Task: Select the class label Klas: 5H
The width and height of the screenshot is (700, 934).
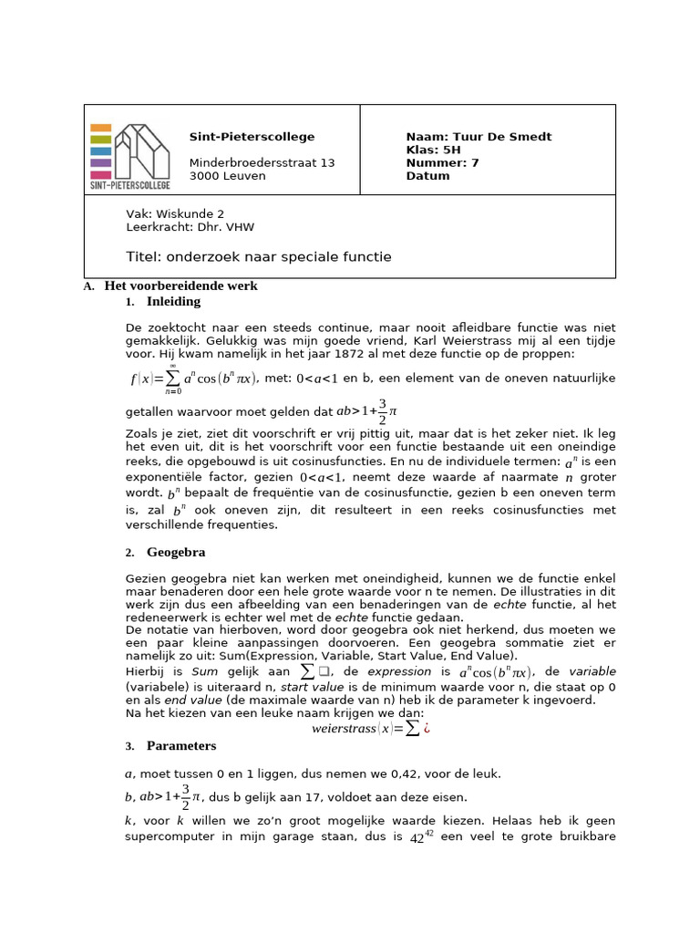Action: coord(433,150)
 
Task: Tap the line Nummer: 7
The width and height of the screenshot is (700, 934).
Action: coord(442,163)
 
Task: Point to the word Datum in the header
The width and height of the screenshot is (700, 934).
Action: coord(427,176)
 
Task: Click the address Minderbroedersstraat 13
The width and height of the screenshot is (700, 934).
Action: coord(262,163)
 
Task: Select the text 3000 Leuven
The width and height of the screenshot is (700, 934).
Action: coord(227,176)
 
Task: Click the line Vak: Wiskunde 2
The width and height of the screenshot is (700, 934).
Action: coord(174,213)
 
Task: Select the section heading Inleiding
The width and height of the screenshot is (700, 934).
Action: coord(173,302)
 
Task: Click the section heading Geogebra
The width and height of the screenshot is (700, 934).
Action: coord(176,553)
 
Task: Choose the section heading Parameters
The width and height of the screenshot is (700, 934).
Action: coord(181,746)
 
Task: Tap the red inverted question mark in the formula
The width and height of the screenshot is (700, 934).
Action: coord(426,728)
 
